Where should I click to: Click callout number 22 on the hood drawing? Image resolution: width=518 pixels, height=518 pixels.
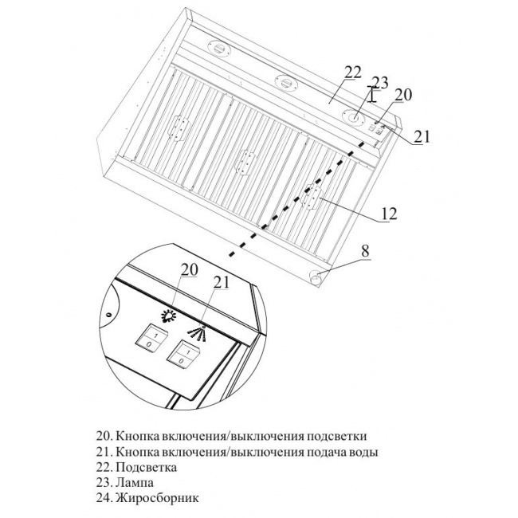353,72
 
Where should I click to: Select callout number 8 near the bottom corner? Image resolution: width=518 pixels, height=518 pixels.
364,250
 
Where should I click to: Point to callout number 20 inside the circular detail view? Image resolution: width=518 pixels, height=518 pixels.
188,270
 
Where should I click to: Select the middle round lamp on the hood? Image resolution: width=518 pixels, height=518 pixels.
284,80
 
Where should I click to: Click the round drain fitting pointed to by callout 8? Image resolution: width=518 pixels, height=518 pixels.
316,277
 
